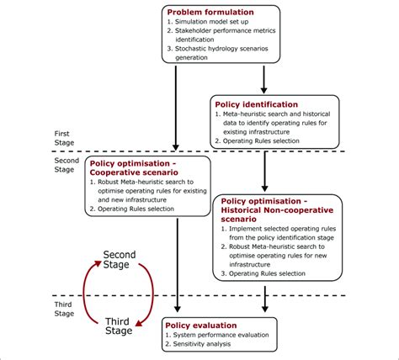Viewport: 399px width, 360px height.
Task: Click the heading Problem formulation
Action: pyautogui.click(x=209, y=12)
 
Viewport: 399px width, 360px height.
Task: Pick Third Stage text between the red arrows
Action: pyautogui.click(x=119, y=326)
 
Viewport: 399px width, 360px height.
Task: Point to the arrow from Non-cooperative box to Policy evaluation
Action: pyautogui.click(x=265, y=299)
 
